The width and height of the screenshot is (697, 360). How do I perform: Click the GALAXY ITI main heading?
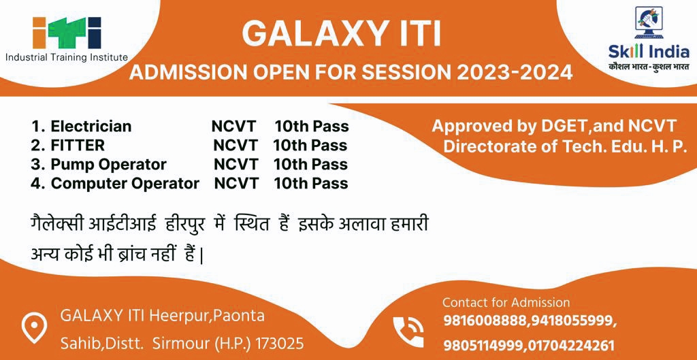[341, 35]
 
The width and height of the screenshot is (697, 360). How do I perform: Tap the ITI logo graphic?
[67, 33]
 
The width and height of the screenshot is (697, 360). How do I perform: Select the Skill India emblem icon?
[649, 22]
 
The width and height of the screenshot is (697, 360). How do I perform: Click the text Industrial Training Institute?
[67, 57]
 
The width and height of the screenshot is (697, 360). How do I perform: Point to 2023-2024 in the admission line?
[515, 72]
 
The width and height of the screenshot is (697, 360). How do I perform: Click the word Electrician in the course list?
[91, 127]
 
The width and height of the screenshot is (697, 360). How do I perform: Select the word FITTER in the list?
[78, 146]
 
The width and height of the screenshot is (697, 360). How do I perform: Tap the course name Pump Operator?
[108, 165]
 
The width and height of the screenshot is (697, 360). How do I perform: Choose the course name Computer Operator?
[125, 184]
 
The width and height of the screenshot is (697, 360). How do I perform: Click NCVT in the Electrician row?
[234, 127]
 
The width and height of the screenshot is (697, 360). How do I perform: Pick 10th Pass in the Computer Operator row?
[310, 184]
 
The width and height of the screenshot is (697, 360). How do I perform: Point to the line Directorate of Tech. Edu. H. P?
[565, 147]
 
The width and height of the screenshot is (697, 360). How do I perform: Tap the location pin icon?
[34, 327]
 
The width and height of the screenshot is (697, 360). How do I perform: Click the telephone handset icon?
[408, 331]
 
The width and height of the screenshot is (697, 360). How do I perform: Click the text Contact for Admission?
[506, 303]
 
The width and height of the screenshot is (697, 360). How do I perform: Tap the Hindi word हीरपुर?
[184, 225]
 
